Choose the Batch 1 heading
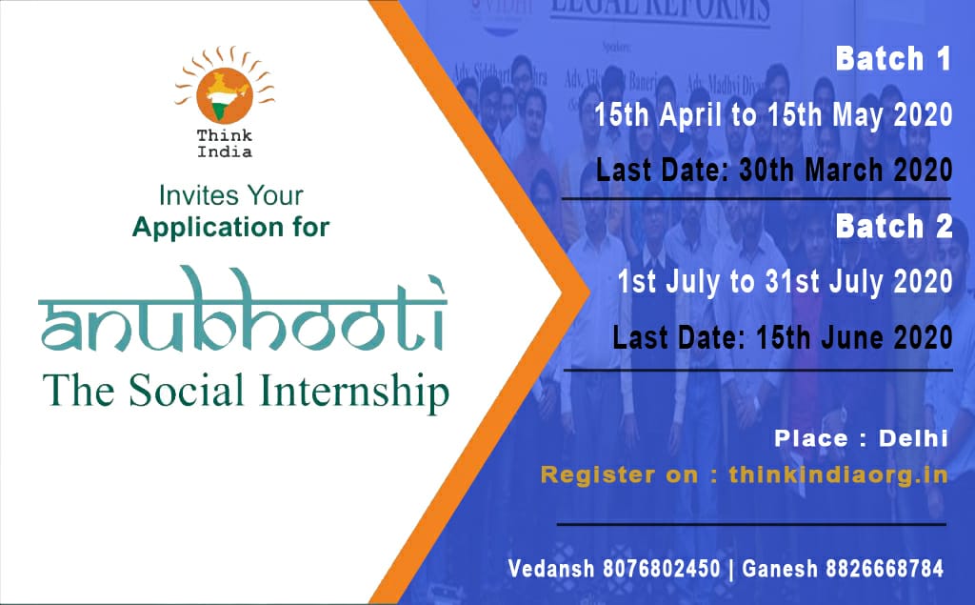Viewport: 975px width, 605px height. click(893, 60)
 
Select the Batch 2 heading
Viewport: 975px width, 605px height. click(893, 227)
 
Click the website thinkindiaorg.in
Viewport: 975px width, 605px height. click(838, 474)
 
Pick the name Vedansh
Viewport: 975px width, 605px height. click(550, 570)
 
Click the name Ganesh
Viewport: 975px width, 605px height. click(779, 570)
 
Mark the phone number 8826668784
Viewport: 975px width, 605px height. click(885, 570)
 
